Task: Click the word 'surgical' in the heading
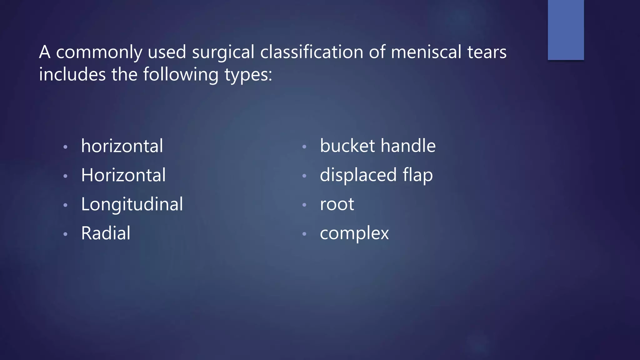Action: pyautogui.click(x=223, y=52)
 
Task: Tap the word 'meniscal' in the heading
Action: pyautogui.click(x=426, y=52)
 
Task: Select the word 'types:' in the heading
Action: pyautogui.click(x=248, y=75)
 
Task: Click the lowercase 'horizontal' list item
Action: pyautogui.click(x=122, y=146)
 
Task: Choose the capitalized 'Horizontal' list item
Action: pyautogui.click(x=123, y=175)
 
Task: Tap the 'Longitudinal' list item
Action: pyautogui.click(x=132, y=204)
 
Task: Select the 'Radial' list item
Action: pyautogui.click(x=106, y=233)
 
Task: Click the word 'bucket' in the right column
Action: pyautogui.click(x=347, y=146)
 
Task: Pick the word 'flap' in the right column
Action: pyautogui.click(x=418, y=175)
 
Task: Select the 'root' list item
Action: pyautogui.click(x=337, y=204)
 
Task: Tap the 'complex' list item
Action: pyautogui.click(x=354, y=233)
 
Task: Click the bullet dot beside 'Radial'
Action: pyautogui.click(x=65, y=234)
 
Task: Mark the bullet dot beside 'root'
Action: pyautogui.click(x=304, y=205)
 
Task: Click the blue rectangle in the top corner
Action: pyautogui.click(x=566, y=30)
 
